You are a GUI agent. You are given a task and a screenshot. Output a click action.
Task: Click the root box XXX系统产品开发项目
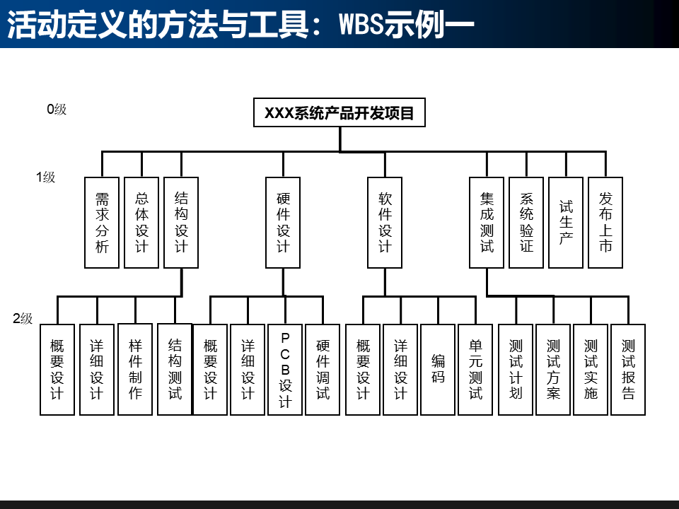pyautogui.click(x=339, y=112)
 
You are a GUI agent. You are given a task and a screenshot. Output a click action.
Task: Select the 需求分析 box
pyautogui.click(x=102, y=223)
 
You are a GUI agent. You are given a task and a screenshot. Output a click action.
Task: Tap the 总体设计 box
pyautogui.click(x=141, y=223)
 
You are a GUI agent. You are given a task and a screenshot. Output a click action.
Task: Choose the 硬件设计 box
pyautogui.click(x=283, y=223)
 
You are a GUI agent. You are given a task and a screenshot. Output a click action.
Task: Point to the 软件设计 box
pyautogui.click(x=385, y=223)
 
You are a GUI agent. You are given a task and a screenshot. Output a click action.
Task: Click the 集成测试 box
pyautogui.click(x=487, y=223)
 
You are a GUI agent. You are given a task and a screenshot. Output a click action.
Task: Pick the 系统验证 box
pyautogui.click(x=526, y=223)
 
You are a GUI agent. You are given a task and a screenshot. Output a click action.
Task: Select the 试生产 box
pyautogui.click(x=566, y=223)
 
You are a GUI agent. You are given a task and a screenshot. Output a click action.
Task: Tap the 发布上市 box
pyautogui.click(x=605, y=223)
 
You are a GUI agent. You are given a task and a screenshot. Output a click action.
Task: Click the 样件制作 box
pyautogui.click(x=135, y=369)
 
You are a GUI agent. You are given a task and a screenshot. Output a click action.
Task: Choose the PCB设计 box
pyautogui.click(x=285, y=369)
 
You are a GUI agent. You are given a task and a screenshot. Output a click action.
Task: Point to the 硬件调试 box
pyautogui.click(x=323, y=369)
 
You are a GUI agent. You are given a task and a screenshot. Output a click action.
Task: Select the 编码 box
pyautogui.click(x=438, y=369)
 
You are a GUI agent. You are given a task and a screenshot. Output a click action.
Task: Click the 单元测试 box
pyautogui.click(x=475, y=369)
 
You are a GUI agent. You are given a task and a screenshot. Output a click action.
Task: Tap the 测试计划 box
pyautogui.click(x=516, y=369)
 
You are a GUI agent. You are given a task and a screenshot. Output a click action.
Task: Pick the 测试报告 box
pyautogui.click(x=628, y=369)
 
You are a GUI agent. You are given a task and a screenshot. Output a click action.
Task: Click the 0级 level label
pyautogui.click(x=57, y=110)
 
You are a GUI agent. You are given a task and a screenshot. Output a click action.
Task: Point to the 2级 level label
pyautogui.click(x=23, y=319)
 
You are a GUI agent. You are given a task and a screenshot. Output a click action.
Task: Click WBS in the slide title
pyautogui.click(x=361, y=25)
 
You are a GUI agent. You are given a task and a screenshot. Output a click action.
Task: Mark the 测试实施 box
pyautogui.click(x=591, y=369)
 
